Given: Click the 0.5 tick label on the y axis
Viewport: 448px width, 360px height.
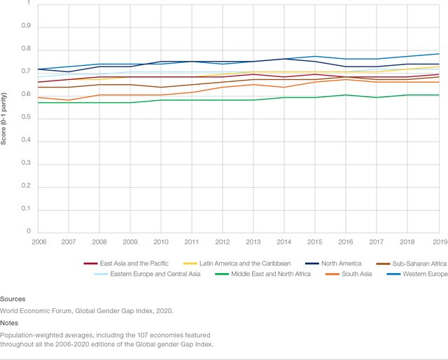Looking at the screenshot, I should click(27, 118).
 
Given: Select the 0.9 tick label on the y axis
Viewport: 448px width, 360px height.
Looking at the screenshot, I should click(27, 26).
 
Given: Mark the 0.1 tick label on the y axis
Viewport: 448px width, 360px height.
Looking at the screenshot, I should click(27, 209).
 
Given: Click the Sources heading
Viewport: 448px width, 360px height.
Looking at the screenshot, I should click(13, 298).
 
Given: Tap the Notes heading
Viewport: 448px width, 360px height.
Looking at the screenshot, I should click(10, 324).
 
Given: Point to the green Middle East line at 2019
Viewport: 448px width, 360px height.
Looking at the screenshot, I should click(438, 95).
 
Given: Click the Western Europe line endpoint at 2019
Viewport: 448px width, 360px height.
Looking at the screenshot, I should click(438, 54).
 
